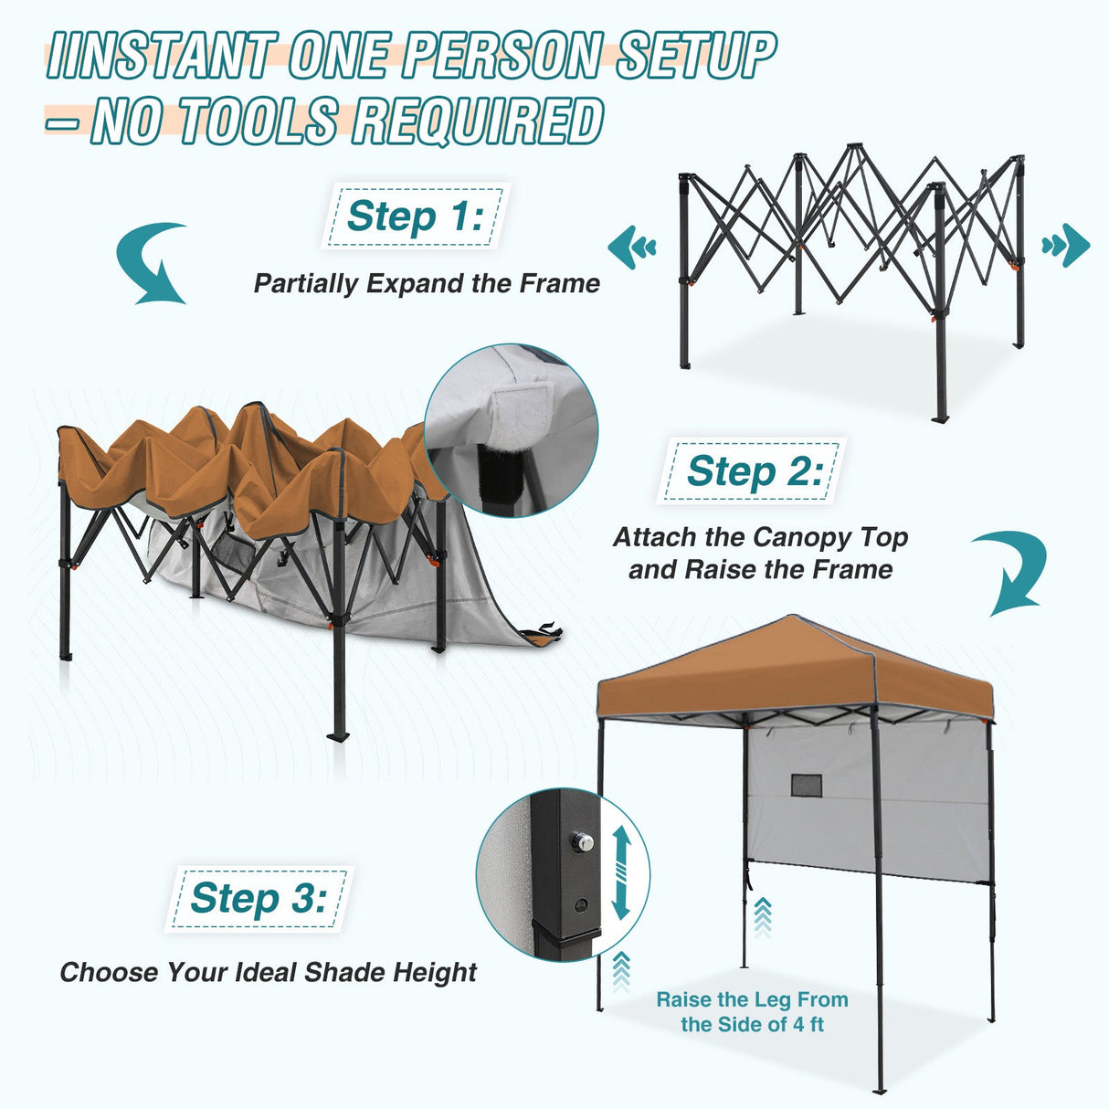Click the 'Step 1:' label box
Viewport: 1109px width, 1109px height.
point(414,217)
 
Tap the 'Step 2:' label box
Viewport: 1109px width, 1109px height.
point(753,471)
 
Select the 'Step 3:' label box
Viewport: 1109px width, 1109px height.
point(259,899)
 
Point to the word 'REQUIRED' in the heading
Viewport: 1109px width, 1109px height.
point(478,121)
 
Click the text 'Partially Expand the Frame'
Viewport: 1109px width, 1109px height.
point(427,283)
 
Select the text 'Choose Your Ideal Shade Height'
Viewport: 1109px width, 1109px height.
point(268,972)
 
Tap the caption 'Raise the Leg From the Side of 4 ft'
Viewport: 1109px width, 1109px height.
point(752,1011)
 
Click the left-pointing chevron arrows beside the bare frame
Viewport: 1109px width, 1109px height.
point(632,247)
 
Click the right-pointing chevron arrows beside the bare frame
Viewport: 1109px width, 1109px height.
point(1066,246)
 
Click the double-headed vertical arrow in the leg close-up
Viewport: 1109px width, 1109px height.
point(620,872)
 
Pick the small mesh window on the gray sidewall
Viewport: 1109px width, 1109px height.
point(806,786)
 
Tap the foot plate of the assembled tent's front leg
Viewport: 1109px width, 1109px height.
point(879,1090)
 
